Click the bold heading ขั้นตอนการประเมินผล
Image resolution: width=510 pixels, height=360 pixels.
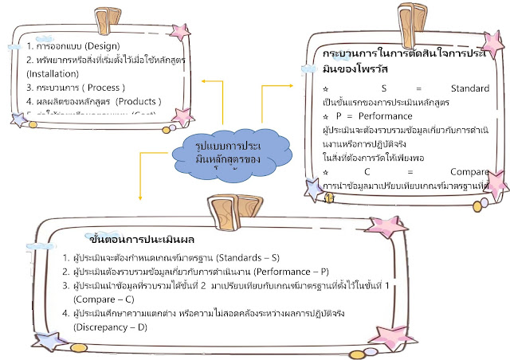pyautogui.click(x=132, y=238)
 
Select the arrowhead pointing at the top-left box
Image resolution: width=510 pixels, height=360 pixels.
pyautogui.click(x=203, y=81)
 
